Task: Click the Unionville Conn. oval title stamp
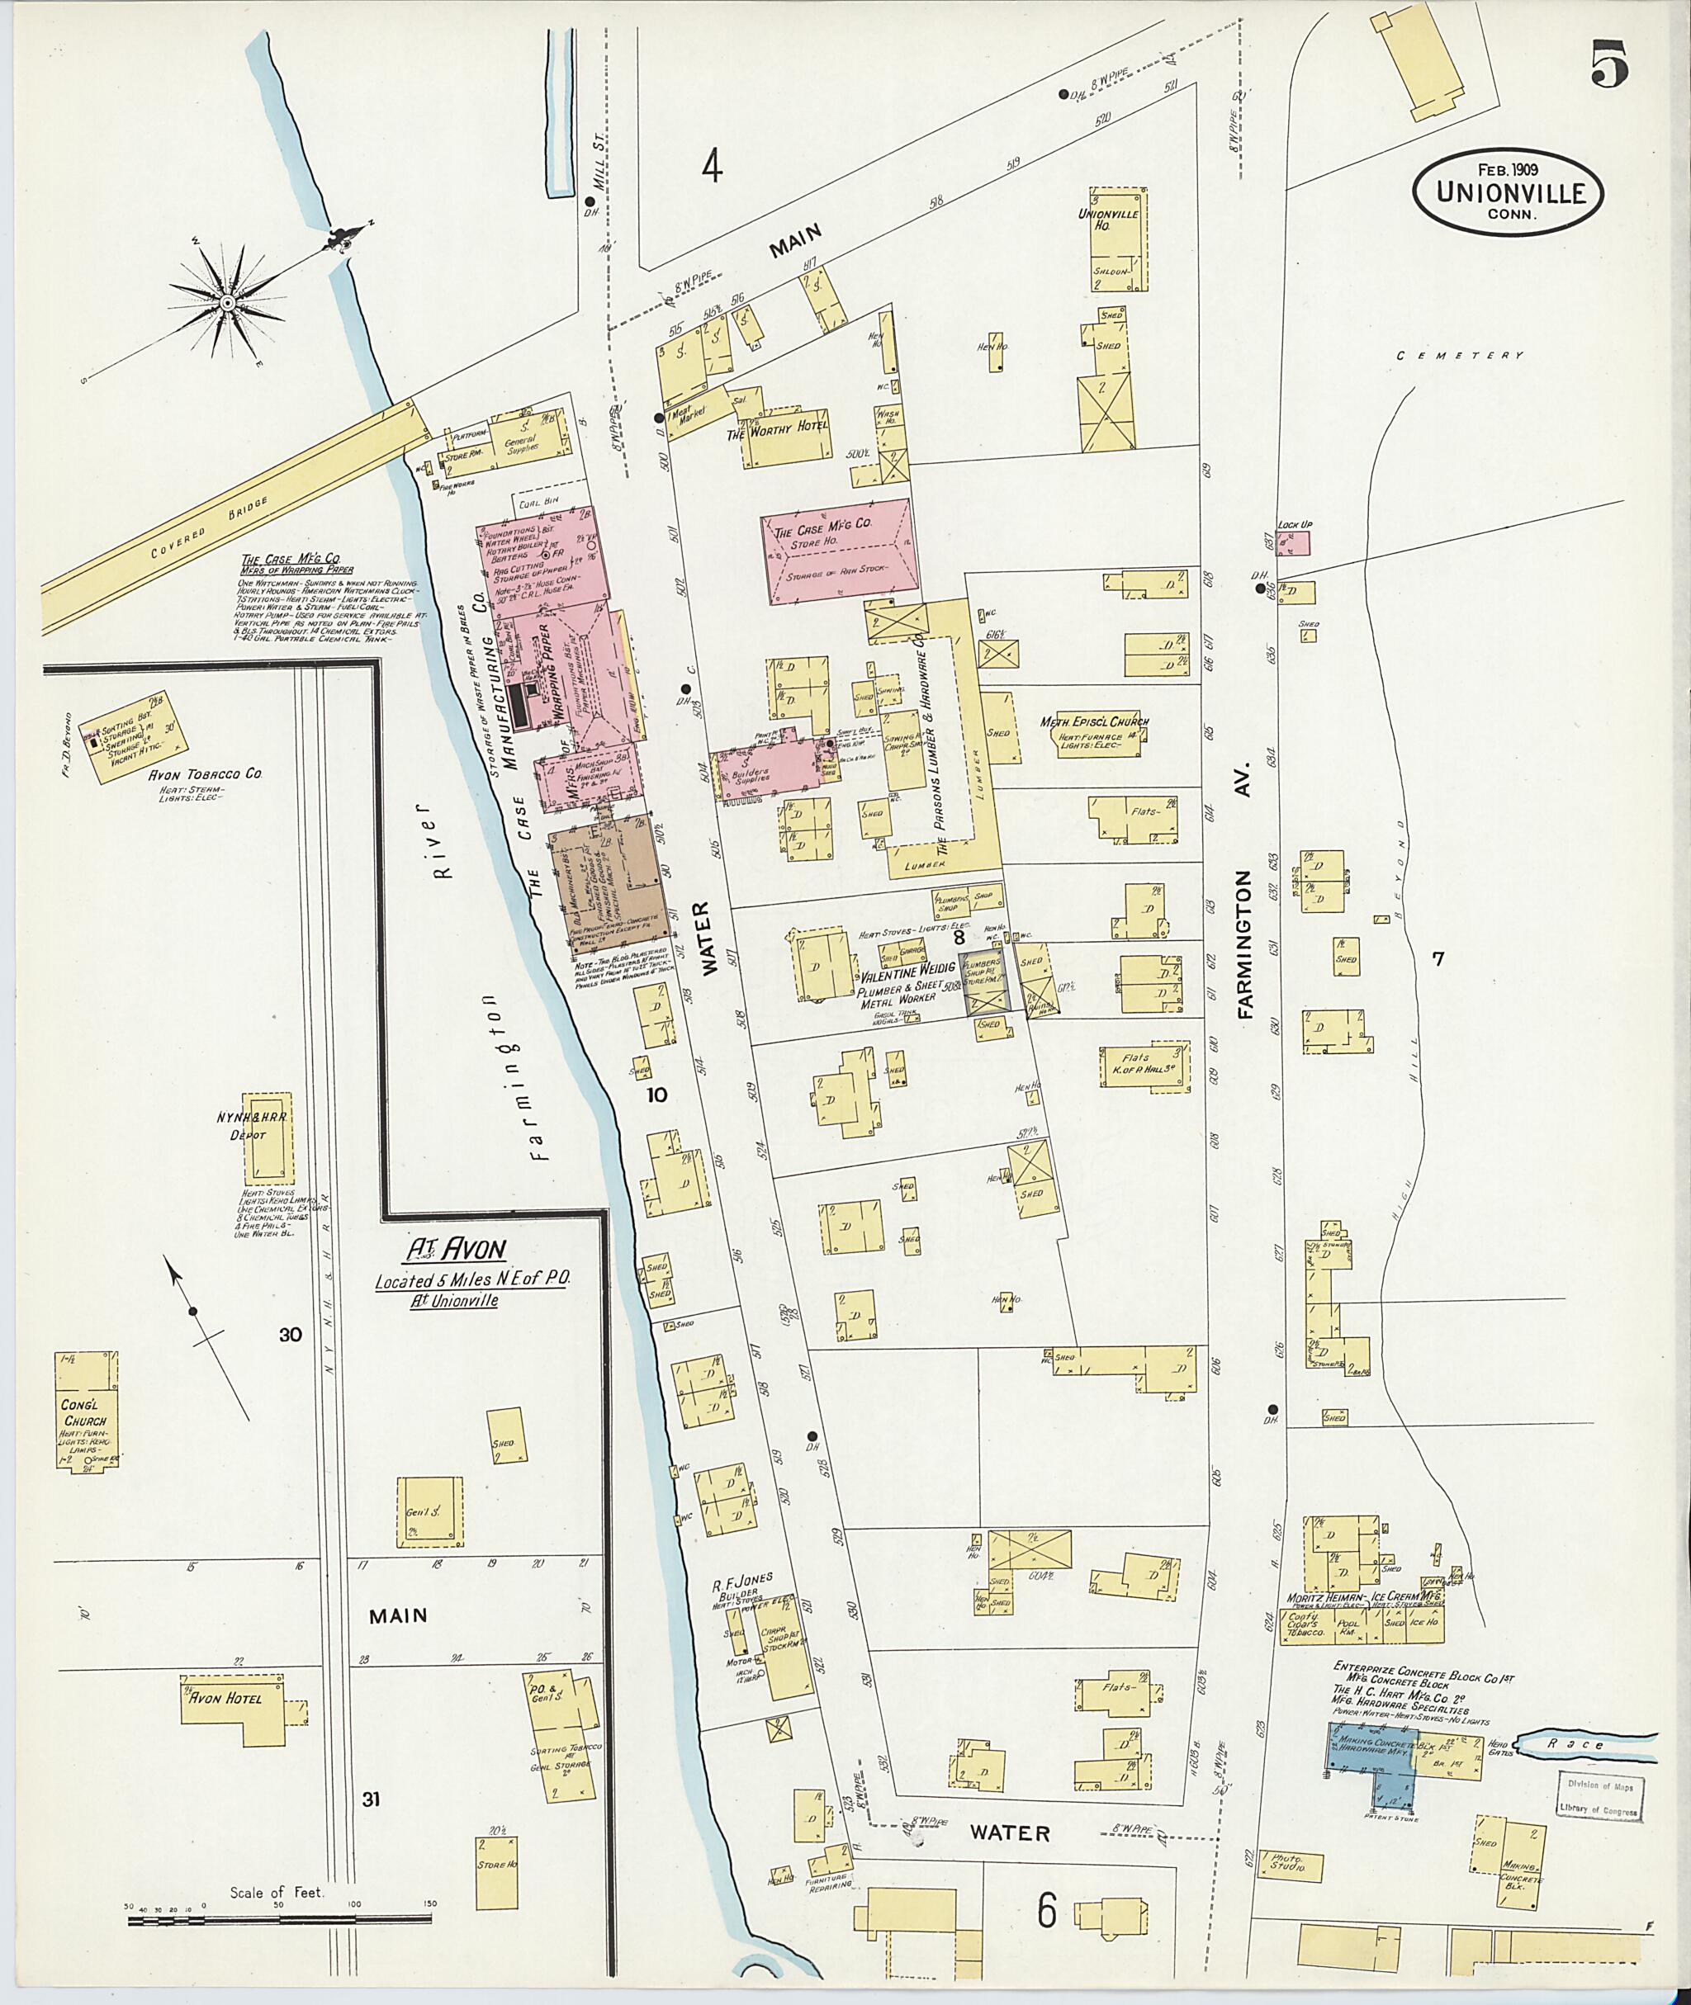click(x=1507, y=192)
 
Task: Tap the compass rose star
click(x=228, y=303)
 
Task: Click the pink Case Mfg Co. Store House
click(x=838, y=552)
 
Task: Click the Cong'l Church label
click(x=85, y=1414)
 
